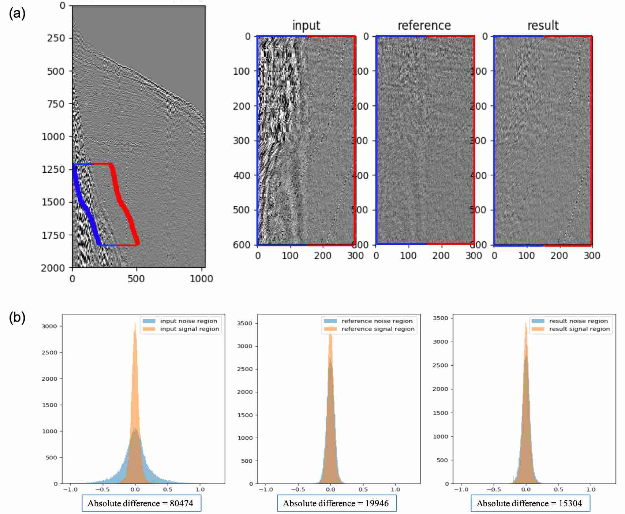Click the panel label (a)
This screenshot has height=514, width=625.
pyautogui.click(x=17, y=14)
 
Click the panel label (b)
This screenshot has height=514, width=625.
pyautogui.click(x=17, y=317)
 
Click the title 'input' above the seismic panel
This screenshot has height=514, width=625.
pyautogui.click(x=306, y=25)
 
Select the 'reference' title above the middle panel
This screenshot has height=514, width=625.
pyautogui.click(x=424, y=25)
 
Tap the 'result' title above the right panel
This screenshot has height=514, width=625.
pyautogui.click(x=543, y=25)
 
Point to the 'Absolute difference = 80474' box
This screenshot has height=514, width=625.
pyautogui.click(x=141, y=503)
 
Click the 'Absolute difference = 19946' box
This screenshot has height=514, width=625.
pyautogui.click(x=337, y=503)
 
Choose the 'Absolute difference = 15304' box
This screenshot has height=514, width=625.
pyautogui.click(x=530, y=503)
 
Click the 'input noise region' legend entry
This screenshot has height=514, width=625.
pyautogui.click(x=188, y=321)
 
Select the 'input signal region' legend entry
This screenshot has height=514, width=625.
pyautogui.click(x=190, y=329)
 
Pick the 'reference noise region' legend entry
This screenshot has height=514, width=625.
pyautogui.click(x=377, y=321)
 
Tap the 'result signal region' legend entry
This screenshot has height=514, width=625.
pyautogui.click(x=579, y=329)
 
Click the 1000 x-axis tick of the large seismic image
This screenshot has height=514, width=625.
pyautogui.click(x=201, y=279)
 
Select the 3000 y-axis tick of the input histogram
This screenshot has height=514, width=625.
pyautogui.click(x=49, y=326)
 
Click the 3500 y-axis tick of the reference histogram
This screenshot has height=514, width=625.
pyautogui.click(x=245, y=323)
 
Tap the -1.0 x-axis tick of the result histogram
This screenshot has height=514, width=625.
pyautogui.click(x=461, y=489)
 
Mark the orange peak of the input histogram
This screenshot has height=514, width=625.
pyautogui.click(x=135, y=324)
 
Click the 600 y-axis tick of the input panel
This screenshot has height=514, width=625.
pyautogui.click(x=242, y=245)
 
